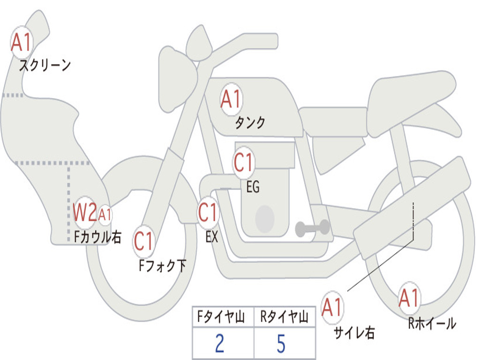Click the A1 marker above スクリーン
[x=22, y=42]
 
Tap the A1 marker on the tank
[x=232, y=99]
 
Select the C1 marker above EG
[x=243, y=162]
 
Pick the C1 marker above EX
[x=208, y=212]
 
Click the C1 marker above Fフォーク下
[x=143, y=241]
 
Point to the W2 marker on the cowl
[x=85, y=212]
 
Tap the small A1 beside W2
[x=105, y=215]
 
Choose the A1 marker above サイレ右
[x=332, y=307]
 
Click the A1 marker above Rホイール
[x=409, y=298]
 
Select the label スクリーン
[x=45, y=65]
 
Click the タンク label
[x=250, y=122]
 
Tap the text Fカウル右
[x=97, y=237]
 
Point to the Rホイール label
[x=432, y=323]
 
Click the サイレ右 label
[x=354, y=332]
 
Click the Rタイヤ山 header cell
[x=285, y=316]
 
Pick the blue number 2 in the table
[x=220, y=343]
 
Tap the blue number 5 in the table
[x=281, y=343]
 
